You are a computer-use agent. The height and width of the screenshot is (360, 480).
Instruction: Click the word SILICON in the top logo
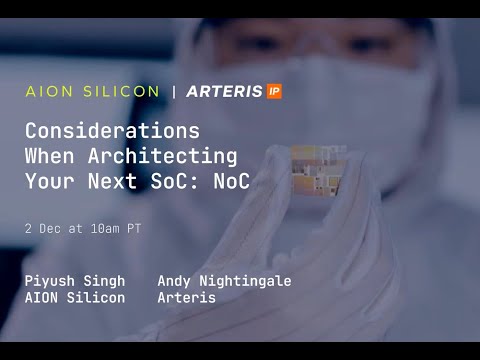121,91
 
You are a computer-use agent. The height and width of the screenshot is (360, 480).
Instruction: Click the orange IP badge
274,91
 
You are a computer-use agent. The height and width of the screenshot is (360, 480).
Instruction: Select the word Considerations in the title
112,131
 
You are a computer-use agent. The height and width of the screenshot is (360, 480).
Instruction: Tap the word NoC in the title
236,182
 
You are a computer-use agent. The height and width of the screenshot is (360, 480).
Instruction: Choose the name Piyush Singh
76,281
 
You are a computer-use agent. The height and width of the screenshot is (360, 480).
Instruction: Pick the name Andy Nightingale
224,281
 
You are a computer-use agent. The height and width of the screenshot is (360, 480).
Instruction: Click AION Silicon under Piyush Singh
75,298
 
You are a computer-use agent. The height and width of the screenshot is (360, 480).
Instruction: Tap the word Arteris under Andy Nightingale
186,298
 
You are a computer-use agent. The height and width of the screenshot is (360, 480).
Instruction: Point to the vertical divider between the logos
175,91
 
